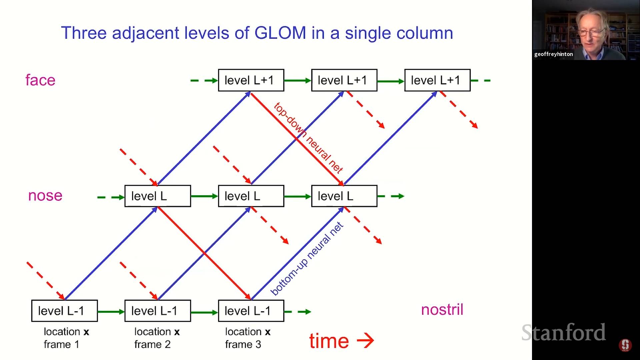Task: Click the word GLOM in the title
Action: click(x=280, y=33)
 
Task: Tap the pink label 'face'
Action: click(x=40, y=80)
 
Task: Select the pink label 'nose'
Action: click(x=45, y=196)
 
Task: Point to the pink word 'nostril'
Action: click(x=442, y=310)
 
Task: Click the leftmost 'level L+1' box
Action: click(x=251, y=80)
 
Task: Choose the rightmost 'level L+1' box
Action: click(x=437, y=80)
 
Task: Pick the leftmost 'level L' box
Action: click(x=158, y=196)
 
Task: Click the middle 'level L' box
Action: click(x=251, y=196)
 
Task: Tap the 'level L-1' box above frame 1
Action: click(x=65, y=311)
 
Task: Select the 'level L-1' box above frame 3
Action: click(x=251, y=311)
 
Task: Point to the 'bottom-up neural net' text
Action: click(x=307, y=259)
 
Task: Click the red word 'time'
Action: click(x=329, y=341)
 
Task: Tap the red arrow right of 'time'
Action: click(x=366, y=340)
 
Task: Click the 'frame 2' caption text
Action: click(x=152, y=344)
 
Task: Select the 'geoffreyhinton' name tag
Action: click(x=553, y=54)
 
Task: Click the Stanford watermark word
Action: click(x=563, y=332)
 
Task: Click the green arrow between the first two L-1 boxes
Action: click(x=111, y=312)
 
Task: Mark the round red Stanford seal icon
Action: click(x=625, y=345)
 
